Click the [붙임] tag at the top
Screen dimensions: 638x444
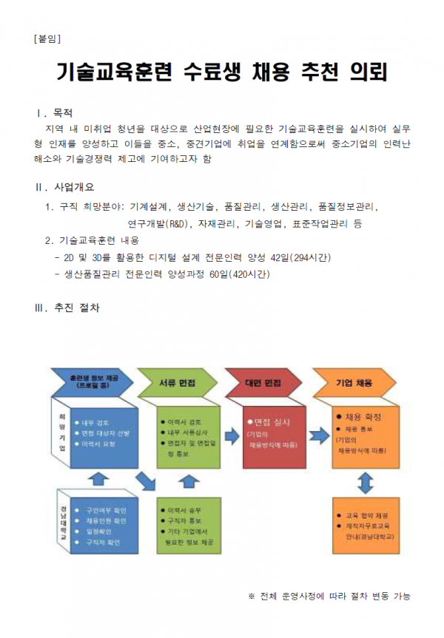[47, 38]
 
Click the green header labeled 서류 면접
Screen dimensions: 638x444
[178, 383]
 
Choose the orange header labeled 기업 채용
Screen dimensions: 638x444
[354, 383]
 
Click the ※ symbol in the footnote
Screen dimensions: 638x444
[251, 596]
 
